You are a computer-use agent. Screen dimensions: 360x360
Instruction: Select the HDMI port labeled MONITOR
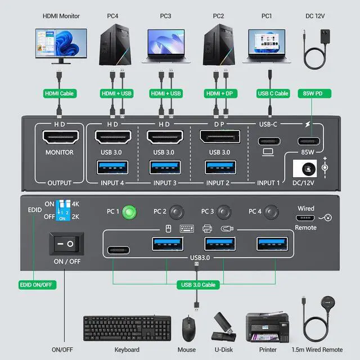[58, 136]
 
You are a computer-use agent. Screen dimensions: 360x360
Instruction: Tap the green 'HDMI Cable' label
[59, 93]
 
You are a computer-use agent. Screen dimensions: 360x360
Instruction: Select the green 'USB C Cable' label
[273, 93]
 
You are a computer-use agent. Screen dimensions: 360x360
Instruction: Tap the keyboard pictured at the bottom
[127, 327]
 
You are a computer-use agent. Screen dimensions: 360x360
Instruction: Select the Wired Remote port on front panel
[306, 218]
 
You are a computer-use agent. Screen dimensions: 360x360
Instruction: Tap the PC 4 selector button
[273, 213]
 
